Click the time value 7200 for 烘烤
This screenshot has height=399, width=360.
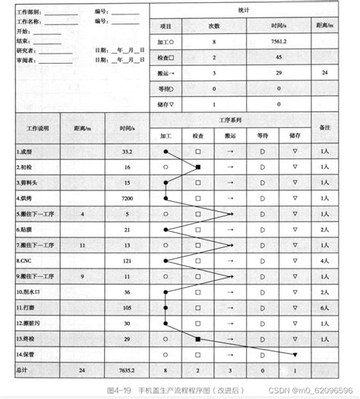126,198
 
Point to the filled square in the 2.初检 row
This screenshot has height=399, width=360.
198,166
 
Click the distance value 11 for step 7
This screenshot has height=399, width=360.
83,245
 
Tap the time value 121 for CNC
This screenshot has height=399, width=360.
126,260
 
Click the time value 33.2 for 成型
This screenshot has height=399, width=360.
126,151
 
